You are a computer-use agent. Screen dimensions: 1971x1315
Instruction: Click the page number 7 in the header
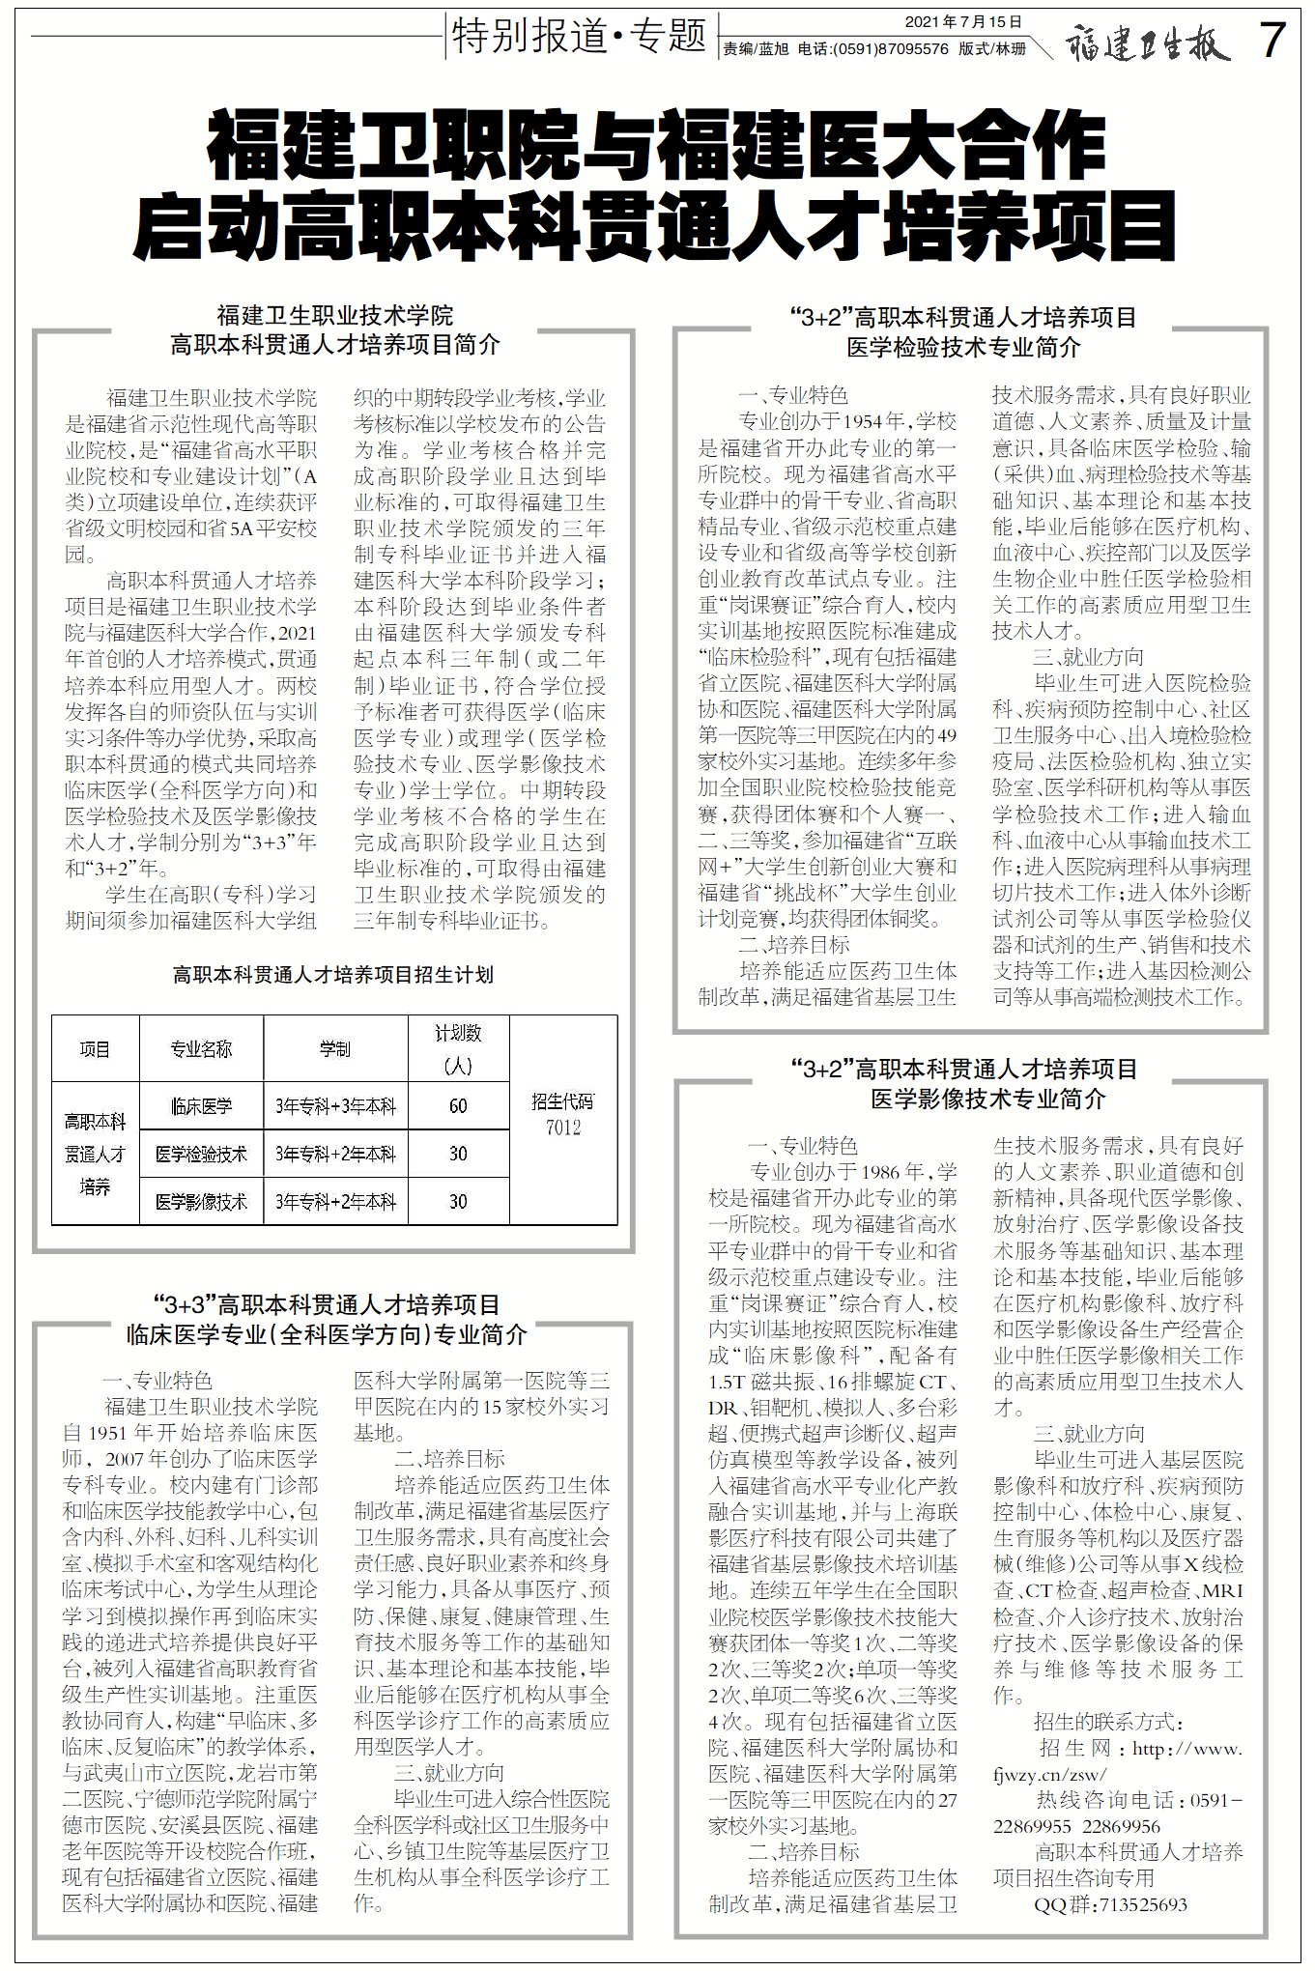(1273, 41)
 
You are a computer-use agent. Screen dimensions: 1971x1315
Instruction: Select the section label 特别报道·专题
(579, 37)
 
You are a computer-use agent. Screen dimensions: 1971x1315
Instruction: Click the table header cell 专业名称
(201, 1048)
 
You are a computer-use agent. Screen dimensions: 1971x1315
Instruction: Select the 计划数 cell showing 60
(458, 1106)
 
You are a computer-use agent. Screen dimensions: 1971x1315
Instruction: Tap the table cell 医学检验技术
(201, 1154)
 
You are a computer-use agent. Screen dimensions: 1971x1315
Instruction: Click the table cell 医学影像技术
(201, 1202)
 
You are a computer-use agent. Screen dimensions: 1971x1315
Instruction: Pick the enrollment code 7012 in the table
(562, 1127)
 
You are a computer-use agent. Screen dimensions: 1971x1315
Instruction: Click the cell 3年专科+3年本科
(335, 1106)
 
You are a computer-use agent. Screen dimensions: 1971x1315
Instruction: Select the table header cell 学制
(335, 1048)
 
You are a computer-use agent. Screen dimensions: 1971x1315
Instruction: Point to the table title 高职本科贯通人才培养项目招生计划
(333, 975)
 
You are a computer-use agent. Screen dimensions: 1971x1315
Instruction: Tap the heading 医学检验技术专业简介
(963, 347)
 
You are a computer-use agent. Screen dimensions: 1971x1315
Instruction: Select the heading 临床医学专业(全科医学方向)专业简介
(327, 1334)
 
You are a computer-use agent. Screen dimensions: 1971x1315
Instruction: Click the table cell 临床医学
(201, 1106)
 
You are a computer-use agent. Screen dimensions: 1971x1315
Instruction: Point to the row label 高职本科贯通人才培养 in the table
(95, 1154)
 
